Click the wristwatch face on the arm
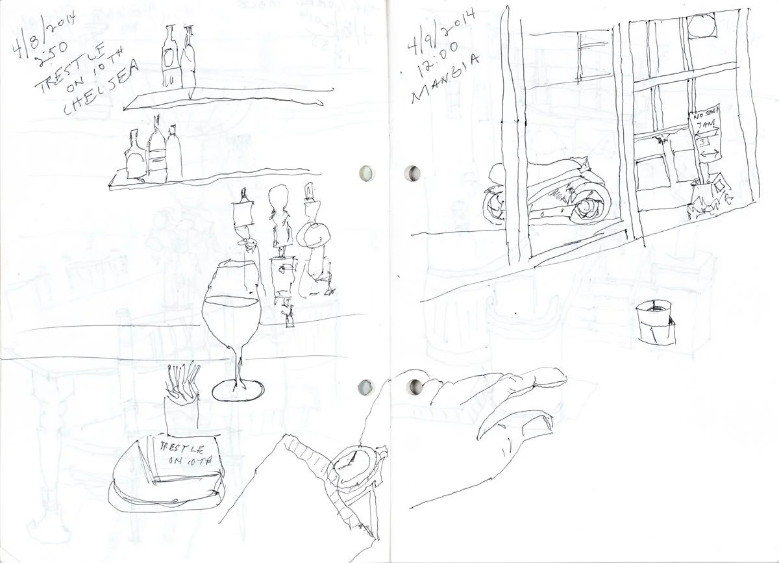(351, 462)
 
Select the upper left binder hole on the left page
(366, 173)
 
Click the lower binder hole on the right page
(411, 388)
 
